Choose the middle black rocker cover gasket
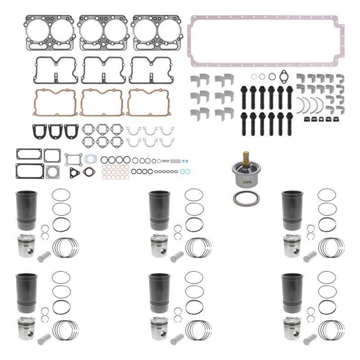(103, 70)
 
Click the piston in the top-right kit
(292, 246)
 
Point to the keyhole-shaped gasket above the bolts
(284, 76)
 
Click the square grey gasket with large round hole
(53, 171)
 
